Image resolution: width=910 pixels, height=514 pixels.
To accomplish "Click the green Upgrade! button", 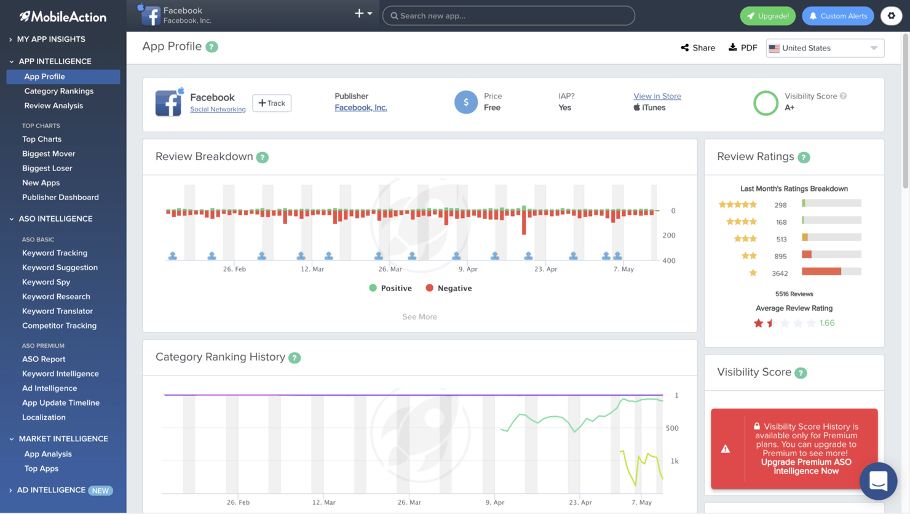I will pyautogui.click(x=767, y=16).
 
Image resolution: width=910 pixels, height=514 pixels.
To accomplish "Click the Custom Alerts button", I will pyautogui.click(x=837, y=16).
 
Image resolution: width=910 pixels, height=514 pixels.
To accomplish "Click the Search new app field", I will pyautogui.click(x=508, y=16).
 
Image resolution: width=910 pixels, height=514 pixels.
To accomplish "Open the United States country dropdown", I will pyautogui.click(x=825, y=48).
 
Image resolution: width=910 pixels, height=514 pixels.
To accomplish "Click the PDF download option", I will pyautogui.click(x=743, y=48).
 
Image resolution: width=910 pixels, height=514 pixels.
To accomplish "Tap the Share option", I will pyautogui.click(x=698, y=48).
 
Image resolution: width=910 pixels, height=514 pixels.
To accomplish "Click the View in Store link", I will pyautogui.click(x=657, y=96).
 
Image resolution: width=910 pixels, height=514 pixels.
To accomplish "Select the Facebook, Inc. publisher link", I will pyautogui.click(x=360, y=108).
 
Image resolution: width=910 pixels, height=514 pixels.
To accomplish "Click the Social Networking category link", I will pyautogui.click(x=218, y=110).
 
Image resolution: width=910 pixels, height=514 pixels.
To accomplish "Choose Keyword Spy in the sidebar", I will pyautogui.click(x=46, y=282).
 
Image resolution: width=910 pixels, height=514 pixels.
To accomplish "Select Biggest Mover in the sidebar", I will pyautogui.click(x=49, y=154).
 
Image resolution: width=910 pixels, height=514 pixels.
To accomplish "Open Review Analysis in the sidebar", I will pyautogui.click(x=53, y=106).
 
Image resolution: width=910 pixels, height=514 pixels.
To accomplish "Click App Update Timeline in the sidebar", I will pyautogui.click(x=61, y=403).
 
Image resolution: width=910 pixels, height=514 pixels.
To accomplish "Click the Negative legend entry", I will pyautogui.click(x=449, y=288).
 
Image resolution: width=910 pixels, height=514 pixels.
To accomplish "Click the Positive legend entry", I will pyautogui.click(x=390, y=288).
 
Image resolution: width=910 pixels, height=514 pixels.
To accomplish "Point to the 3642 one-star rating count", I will pyautogui.click(x=780, y=273).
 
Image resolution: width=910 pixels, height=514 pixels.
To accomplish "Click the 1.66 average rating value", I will pyautogui.click(x=827, y=323).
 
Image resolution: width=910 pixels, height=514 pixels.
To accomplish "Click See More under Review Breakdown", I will pyautogui.click(x=419, y=317).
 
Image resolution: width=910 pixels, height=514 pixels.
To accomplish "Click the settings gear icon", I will pyautogui.click(x=891, y=16).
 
